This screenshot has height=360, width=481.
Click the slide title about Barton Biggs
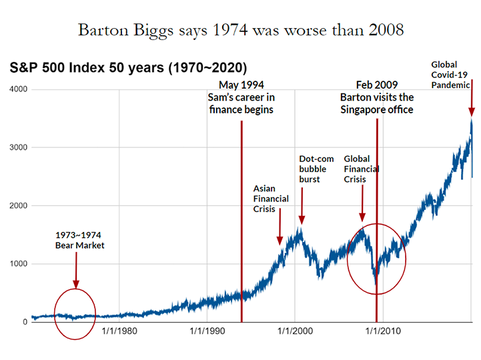[x=240, y=30]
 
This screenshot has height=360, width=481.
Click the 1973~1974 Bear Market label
[x=80, y=240]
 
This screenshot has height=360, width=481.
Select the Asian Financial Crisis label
[x=271, y=198]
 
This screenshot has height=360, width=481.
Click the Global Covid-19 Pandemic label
[x=451, y=74]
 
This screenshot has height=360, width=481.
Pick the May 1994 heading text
[x=241, y=85]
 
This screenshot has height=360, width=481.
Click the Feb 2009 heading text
[x=376, y=85]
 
